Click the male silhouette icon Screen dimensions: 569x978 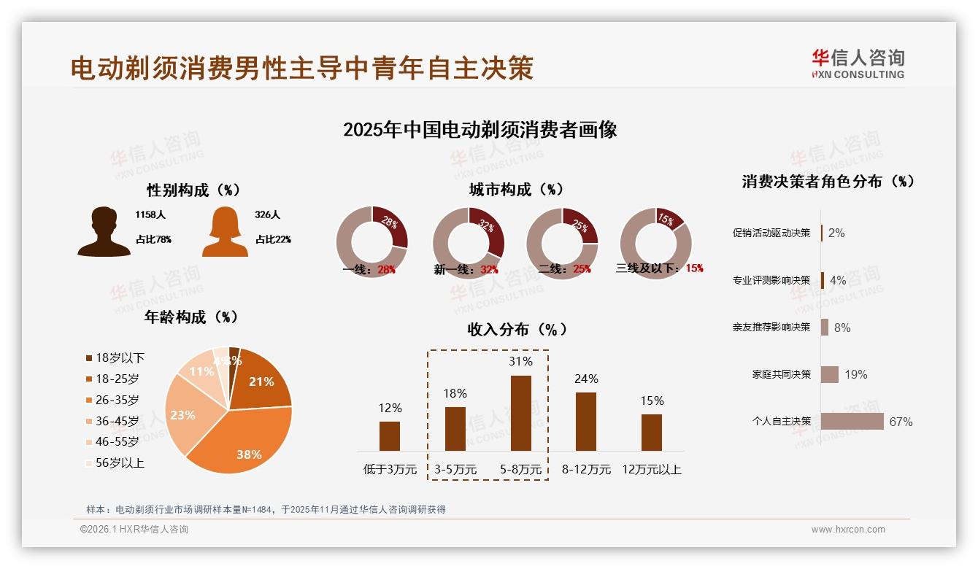point(104,232)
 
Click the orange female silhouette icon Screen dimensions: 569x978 point(225,232)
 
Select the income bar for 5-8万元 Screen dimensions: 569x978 point(520,413)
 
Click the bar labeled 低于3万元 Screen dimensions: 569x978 point(390,436)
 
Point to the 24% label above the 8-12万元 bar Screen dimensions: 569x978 point(586,379)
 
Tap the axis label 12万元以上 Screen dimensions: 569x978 point(651,469)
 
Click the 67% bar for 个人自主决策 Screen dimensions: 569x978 point(852,421)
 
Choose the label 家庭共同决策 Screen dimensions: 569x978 point(782,374)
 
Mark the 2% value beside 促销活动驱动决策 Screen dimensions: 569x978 point(836,233)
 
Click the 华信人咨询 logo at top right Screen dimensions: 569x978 point(858,63)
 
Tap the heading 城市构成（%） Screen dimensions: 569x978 point(516,190)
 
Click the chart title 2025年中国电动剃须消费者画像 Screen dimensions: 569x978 point(480,130)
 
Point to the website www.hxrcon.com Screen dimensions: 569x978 point(848,530)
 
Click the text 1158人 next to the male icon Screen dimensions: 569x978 point(150,215)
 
